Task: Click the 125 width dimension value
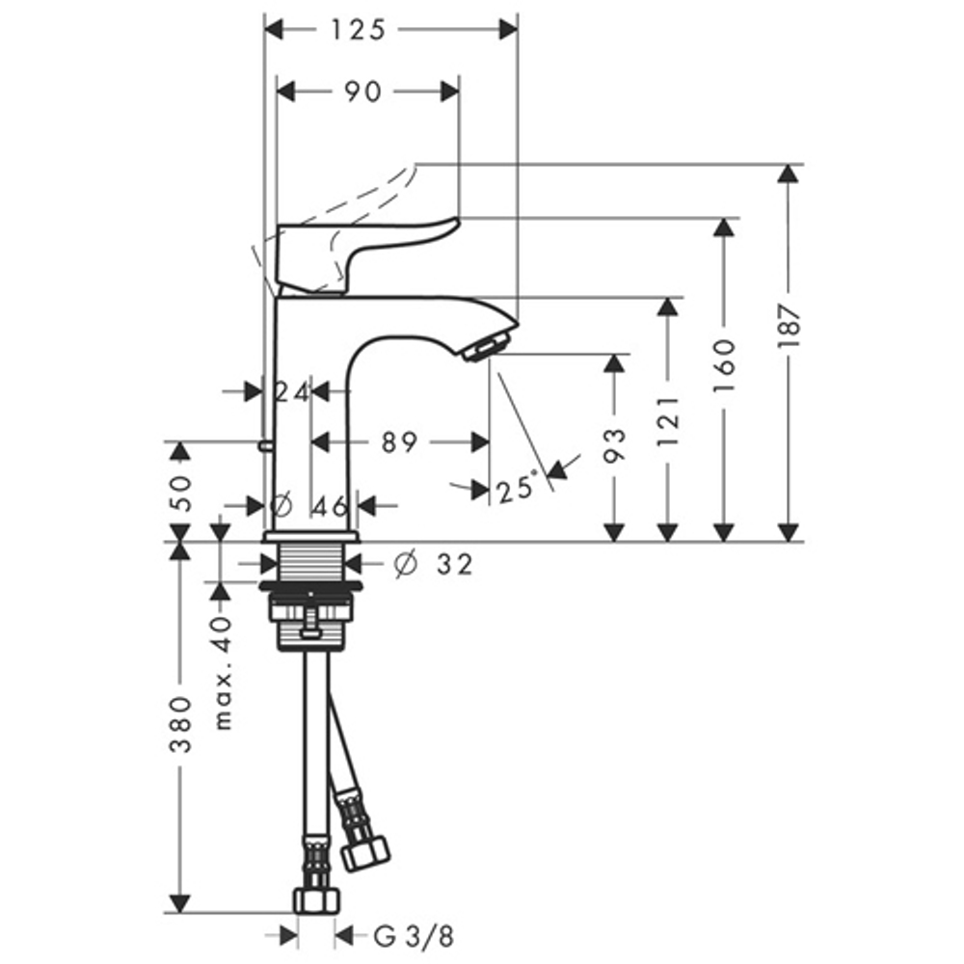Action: click(358, 30)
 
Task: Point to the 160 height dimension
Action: click(725, 363)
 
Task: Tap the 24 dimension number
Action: click(290, 392)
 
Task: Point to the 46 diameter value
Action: click(331, 505)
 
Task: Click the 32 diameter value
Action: click(454, 565)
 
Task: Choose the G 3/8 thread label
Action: click(412, 935)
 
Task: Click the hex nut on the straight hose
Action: click(317, 899)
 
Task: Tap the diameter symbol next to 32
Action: click(404, 565)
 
